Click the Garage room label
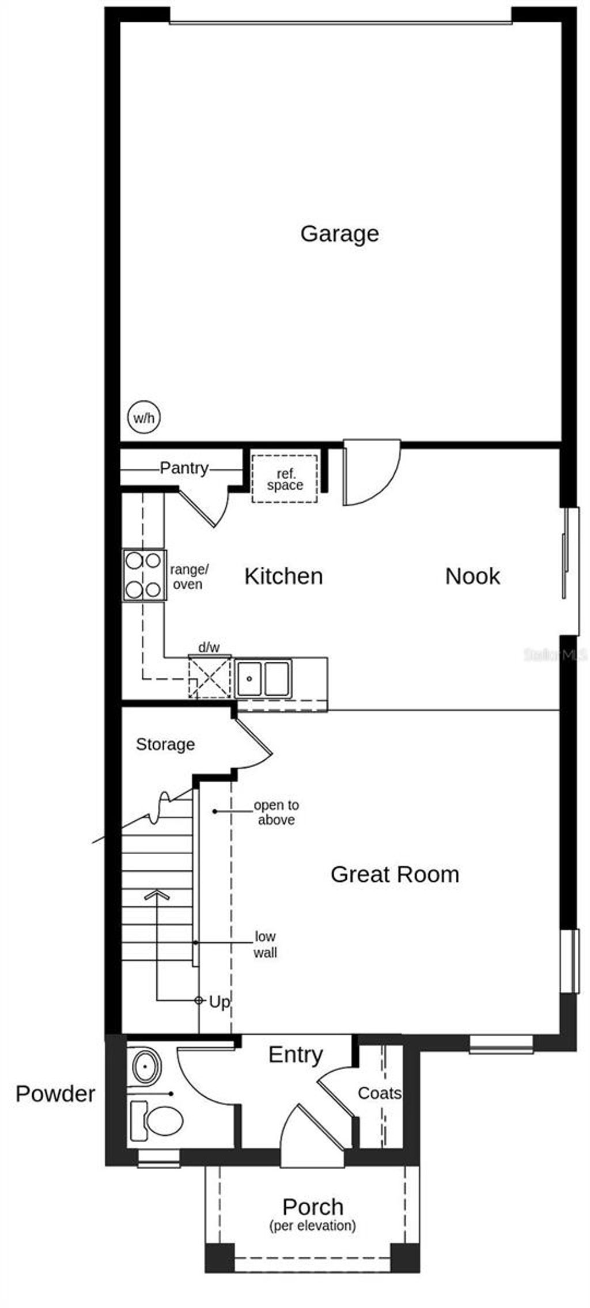[339, 233]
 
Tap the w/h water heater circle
[144, 418]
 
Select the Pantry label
[184, 468]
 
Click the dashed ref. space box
[285, 479]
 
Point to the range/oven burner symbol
[144, 575]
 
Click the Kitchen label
[283, 576]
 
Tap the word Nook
[472, 576]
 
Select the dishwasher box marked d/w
[209, 677]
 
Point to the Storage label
[165, 744]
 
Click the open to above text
[277, 812]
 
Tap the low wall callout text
[265, 945]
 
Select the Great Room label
[395, 874]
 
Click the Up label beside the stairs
[220, 1003]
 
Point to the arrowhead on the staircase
[157, 894]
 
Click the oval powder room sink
[146, 1067]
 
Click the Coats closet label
[379, 1093]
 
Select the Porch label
[312, 1207]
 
